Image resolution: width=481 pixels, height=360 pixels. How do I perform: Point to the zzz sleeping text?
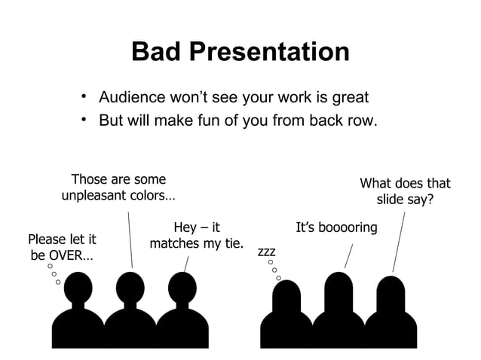pos(267,250)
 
